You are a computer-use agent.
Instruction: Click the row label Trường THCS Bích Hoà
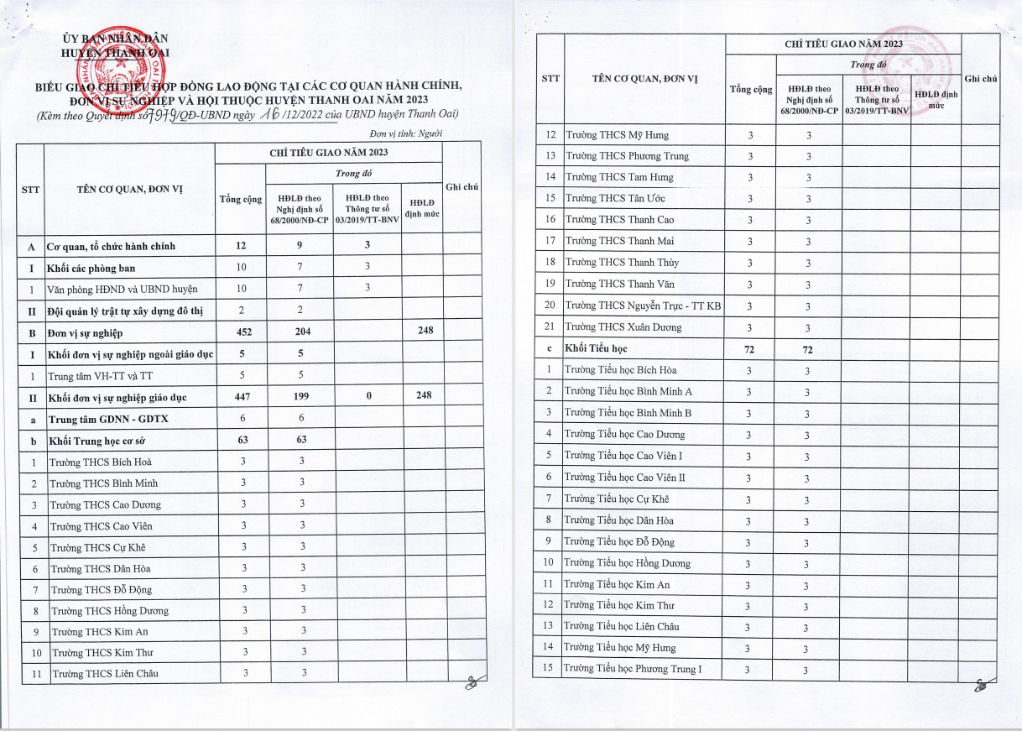(x=101, y=462)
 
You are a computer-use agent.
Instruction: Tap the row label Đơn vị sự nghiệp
(x=86, y=333)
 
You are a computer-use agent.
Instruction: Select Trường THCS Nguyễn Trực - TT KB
(x=643, y=306)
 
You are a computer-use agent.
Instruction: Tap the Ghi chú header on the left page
(x=461, y=187)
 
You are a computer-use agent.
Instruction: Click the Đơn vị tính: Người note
(x=405, y=133)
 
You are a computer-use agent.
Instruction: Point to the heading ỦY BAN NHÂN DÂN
(x=116, y=39)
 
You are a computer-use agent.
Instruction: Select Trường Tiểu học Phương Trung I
(x=633, y=669)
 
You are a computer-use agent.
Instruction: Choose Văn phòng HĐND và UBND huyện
(x=123, y=290)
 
